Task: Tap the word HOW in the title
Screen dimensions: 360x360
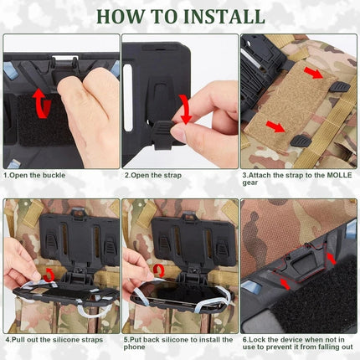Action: pyautogui.click(x=119, y=16)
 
